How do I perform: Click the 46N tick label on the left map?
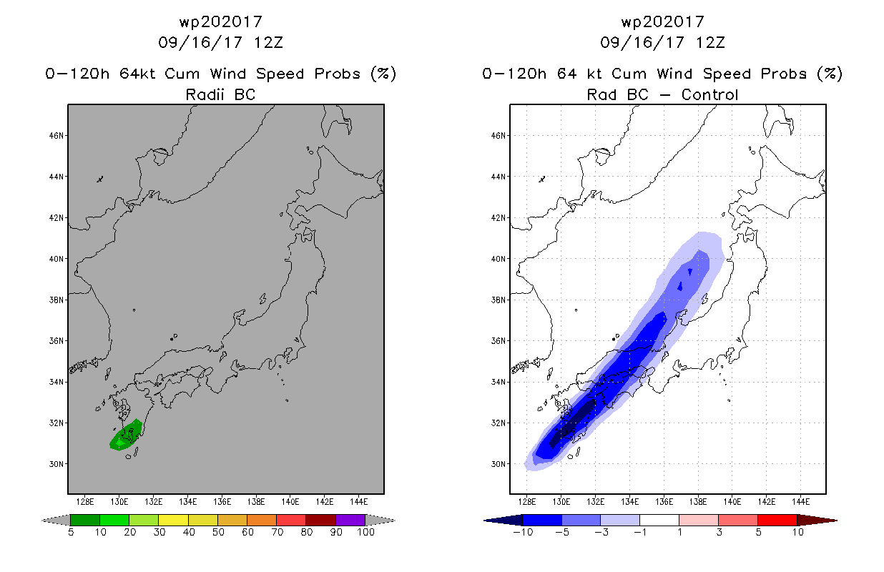(56, 136)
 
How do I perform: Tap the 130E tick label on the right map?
(561, 502)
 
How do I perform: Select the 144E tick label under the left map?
(359, 502)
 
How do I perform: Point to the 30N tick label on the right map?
(498, 464)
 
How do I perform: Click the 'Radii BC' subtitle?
(220, 94)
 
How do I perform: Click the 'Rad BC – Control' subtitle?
(662, 94)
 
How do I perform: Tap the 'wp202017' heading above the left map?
(220, 21)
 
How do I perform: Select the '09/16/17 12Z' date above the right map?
(662, 42)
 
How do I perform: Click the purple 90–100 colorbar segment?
(350, 520)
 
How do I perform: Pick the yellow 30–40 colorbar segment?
(174, 520)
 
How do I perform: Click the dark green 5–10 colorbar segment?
(85, 520)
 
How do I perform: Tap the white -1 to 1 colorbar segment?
(659, 520)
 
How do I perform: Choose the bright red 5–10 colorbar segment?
(777, 520)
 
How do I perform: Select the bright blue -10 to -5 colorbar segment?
(542, 520)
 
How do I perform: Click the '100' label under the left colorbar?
(366, 532)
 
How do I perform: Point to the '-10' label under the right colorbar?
(523, 532)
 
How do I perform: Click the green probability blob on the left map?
(125, 435)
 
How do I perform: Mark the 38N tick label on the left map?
(56, 300)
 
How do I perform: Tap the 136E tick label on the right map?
(664, 502)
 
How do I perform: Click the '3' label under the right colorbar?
(719, 532)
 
